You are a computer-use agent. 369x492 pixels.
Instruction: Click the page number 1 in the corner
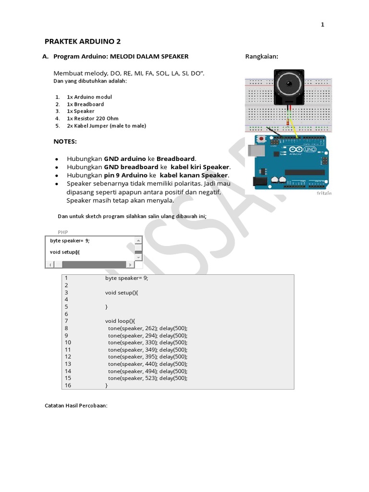pyautogui.click(x=323, y=25)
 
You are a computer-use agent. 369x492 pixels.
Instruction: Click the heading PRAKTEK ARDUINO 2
pyautogui.click(x=83, y=41)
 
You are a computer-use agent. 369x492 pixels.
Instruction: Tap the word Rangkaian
pyautogui.click(x=261, y=56)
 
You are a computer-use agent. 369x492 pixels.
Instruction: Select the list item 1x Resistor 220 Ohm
pyautogui.click(x=92, y=118)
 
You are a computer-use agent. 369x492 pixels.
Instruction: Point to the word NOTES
pyautogui.click(x=65, y=142)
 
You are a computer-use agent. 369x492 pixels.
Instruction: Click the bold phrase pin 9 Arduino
pyautogui.click(x=124, y=175)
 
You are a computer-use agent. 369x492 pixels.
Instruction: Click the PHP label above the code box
pyautogui.click(x=62, y=232)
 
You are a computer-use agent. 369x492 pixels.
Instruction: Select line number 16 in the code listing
pyautogui.click(x=68, y=385)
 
